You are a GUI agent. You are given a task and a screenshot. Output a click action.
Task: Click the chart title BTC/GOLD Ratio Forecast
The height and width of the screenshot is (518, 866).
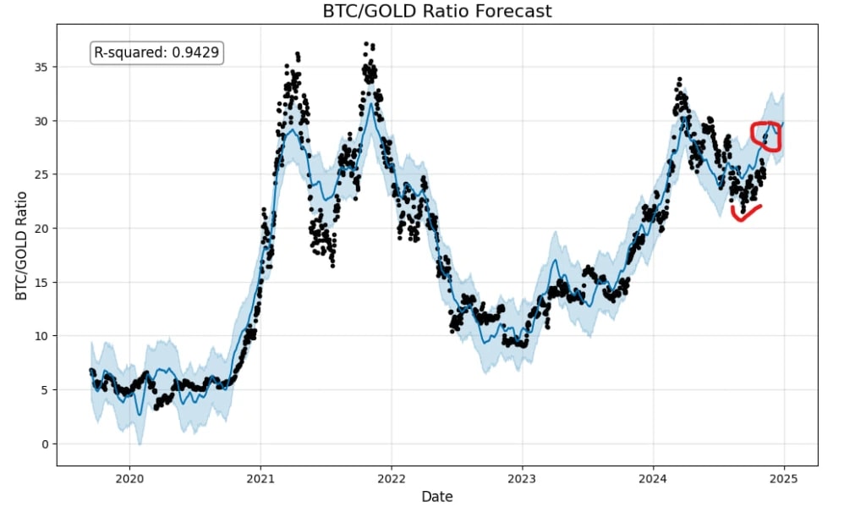click(x=436, y=11)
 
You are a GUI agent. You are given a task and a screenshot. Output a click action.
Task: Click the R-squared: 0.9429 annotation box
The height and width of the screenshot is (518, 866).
click(x=156, y=52)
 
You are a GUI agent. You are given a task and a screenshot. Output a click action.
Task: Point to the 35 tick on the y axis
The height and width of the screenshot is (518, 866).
click(x=39, y=67)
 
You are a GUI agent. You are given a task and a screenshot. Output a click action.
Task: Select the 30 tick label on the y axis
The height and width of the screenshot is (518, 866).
click(x=39, y=121)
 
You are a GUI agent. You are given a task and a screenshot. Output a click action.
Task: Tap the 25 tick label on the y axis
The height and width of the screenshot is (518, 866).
click(x=39, y=174)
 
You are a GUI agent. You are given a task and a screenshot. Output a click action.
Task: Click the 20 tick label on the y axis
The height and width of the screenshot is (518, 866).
click(x=39, y=229)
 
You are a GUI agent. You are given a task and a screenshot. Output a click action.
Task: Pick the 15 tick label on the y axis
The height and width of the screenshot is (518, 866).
click(x=39, y=282)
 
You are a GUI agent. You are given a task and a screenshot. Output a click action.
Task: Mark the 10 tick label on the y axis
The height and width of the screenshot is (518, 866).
click(x=39, y=336)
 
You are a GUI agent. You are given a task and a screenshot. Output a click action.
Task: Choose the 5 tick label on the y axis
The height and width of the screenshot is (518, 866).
click(x=42, y=390)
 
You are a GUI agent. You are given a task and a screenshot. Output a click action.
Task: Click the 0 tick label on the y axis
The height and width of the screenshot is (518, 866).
click(x=42, y=444)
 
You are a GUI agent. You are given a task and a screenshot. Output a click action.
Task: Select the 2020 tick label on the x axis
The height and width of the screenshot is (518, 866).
click(x=129, y=479)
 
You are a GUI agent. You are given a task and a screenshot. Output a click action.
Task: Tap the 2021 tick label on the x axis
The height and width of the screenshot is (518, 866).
click(x=260, y=479)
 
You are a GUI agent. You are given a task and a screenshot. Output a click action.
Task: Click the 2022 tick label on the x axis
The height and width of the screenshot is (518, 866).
click(x=392, y=479)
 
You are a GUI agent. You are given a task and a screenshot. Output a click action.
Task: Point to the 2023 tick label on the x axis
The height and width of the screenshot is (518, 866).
click(x=522, y=479)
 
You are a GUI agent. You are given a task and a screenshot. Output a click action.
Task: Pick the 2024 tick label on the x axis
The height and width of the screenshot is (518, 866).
click(x=653, y=479)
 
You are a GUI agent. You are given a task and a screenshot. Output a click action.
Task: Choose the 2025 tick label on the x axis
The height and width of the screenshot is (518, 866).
click(x=784, y=479)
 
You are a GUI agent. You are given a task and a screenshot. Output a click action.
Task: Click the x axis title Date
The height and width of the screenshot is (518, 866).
click(x=436, y=497)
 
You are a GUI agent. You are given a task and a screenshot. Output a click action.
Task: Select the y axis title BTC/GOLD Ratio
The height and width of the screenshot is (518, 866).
click(x=21, y=245)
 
